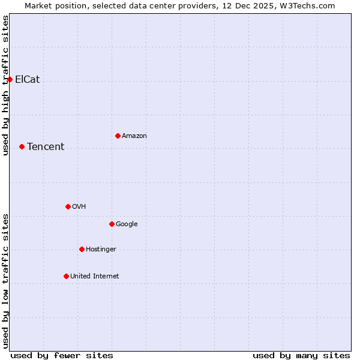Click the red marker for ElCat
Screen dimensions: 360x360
coord(10,79)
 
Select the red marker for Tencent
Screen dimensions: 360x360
coord(22,146)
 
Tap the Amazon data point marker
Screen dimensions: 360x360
coord(118,136)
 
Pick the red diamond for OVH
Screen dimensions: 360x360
coord(68,206)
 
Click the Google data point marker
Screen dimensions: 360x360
coord(112,224)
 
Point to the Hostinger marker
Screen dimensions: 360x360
coord(82,249)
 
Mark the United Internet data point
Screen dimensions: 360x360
coord(66,276)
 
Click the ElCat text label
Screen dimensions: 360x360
coord(28,79)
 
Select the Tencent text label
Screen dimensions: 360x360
coord(46,146)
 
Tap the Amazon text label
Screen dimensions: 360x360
coord(134,136)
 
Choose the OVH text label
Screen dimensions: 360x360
coord(79,206)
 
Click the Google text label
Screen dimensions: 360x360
coord(127,224)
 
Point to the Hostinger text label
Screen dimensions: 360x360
coord(101,249)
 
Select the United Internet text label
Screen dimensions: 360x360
coord(95,276)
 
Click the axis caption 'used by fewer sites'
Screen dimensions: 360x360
coord(62,355)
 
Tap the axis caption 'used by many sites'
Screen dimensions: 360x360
coord(301,355)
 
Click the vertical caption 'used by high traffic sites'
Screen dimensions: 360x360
coord(5,85)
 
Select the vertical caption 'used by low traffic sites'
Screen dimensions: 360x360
coord(5,281)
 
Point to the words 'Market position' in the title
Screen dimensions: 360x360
coord(52,5)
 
